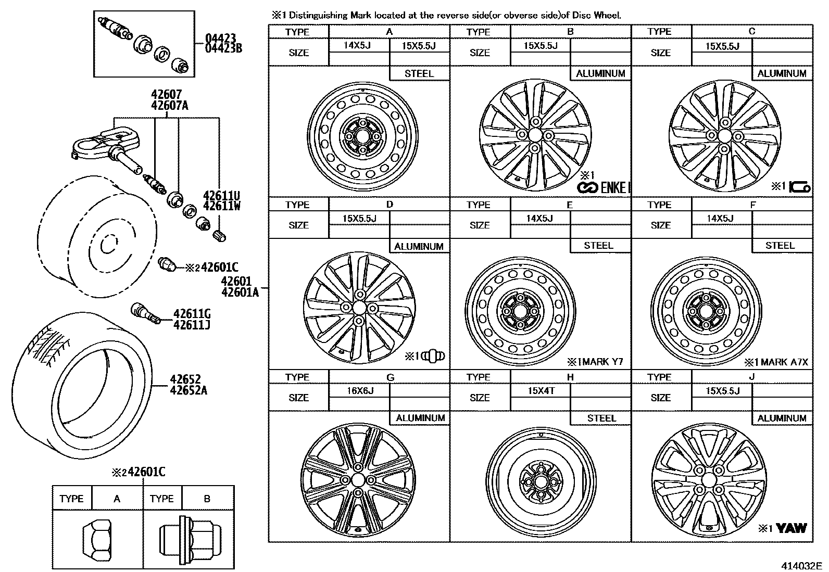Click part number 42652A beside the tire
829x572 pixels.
[x=188, y=390]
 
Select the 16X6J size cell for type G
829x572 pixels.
[x=360, y=390]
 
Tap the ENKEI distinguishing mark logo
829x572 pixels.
[x=604, y=188]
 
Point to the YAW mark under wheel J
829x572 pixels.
[x=791, y=528]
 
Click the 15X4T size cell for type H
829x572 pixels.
[x=541, y=390]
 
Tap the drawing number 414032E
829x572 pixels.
[x=800, y=565]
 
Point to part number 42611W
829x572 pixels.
[x=221, y=206]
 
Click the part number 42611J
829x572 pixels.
[x=192, y=325]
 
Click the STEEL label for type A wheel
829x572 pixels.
[x=419, y=73]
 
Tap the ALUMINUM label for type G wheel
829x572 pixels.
[x=420, y=418]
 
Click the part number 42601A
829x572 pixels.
[x=240, y=292]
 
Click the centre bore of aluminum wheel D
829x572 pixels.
[x=359, y=308]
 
